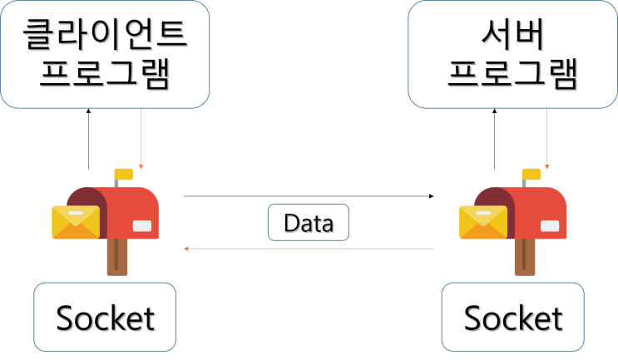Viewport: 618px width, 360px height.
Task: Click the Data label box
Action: pyautogui.click(x=308, y=223)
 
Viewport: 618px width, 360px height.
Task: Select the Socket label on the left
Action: pyautogui.click(x=105, y=317)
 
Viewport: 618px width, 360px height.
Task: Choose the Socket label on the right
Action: pyautogui.click(x=512, y=317)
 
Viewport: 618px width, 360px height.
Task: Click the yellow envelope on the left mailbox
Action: pyautogui.click(x=76, y=222)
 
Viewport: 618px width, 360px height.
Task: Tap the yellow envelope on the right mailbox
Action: pyautogui.click(x=483, y=222)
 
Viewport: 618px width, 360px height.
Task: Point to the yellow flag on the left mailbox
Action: pyautogui.click(x=124, y=175)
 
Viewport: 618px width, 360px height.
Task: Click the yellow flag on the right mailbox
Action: pyautogui.click(x=531, y=175)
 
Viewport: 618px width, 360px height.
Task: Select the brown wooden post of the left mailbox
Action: pyautogui.click(x=117, y=257)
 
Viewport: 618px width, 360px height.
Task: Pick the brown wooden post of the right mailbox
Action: pyautogui.click(x=524, y=257)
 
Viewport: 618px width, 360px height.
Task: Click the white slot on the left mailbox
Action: pyautogui.click(x=142, y=225)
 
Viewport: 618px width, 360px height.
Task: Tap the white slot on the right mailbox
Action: pyautogui.click(x=550, y=225)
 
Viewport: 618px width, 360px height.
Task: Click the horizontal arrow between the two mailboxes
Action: pyautogui.click(x=308, y=249)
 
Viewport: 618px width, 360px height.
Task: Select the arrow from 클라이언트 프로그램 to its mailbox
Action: pyautogui.click(x=141, y=137)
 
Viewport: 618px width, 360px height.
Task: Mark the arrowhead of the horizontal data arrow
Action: pyautogui.click(x=186, y=249)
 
